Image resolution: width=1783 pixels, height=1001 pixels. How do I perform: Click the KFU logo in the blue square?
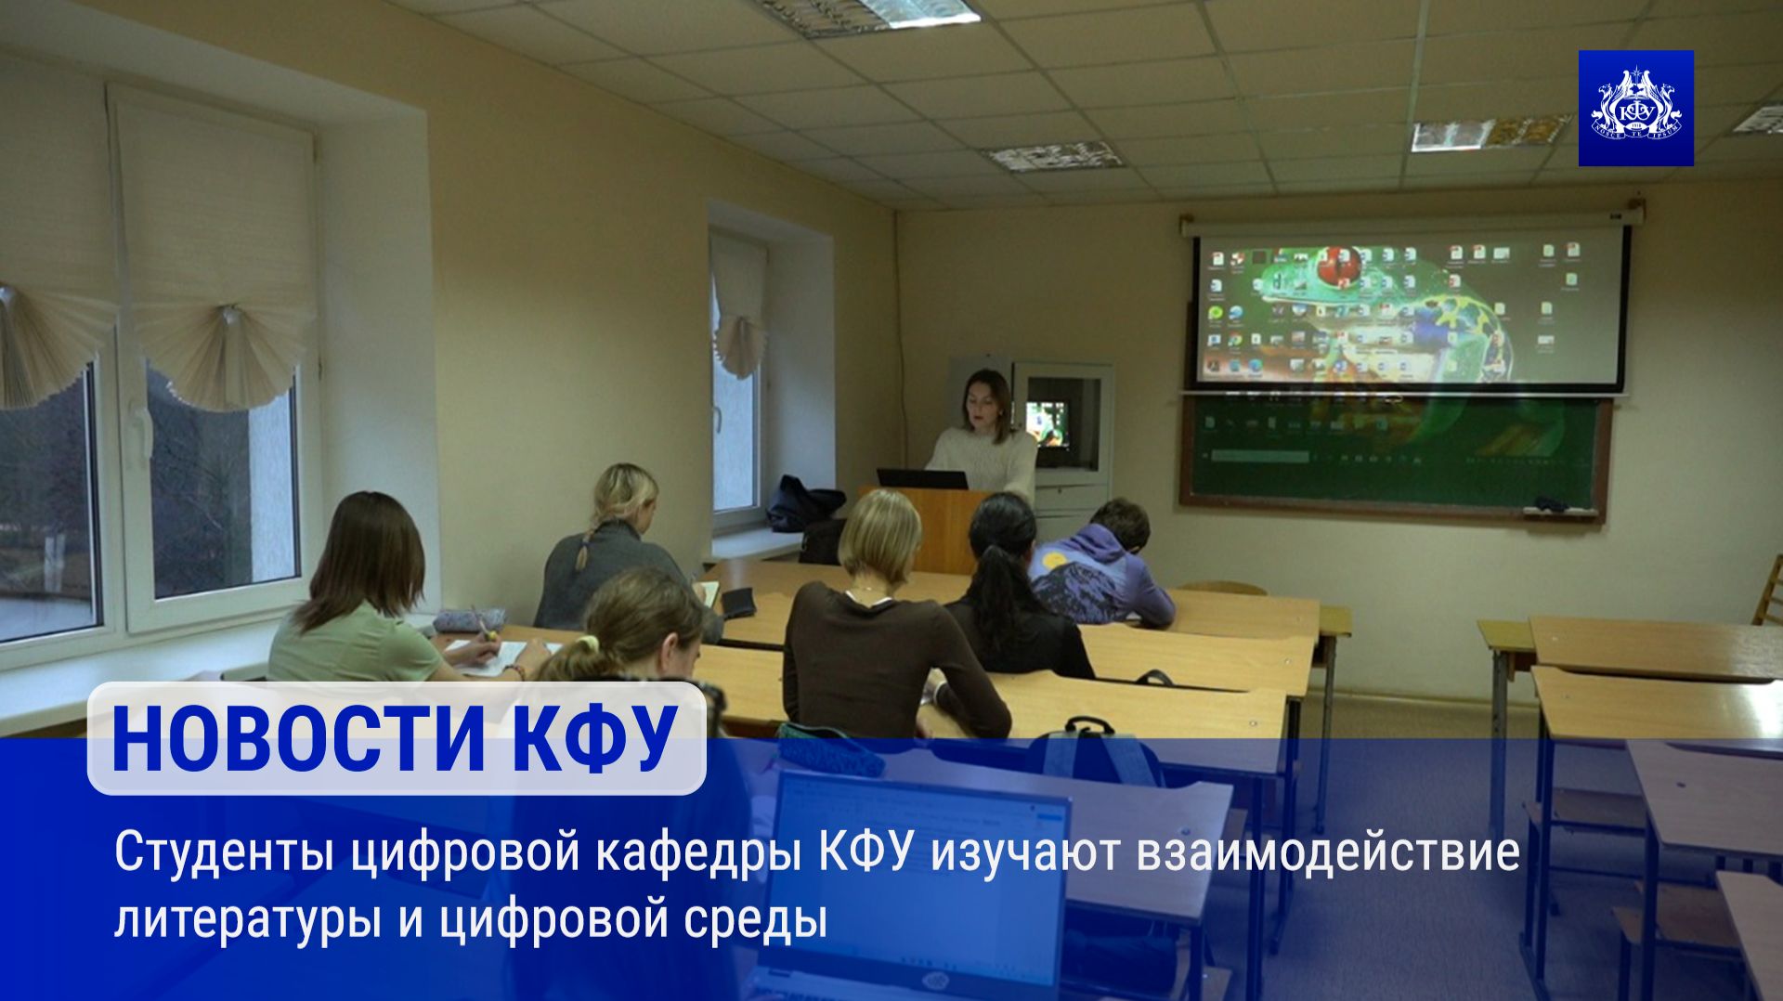pyautogui.click(x=1635, y=110)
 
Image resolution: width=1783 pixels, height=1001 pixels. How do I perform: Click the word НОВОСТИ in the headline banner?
pyautogui.click(x=298, y=740)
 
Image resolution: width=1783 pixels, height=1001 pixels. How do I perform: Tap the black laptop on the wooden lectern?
pyautogui.click(x=921, y=479)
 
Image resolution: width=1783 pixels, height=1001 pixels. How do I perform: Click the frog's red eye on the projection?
pyautogui.click(x=1338, y=265)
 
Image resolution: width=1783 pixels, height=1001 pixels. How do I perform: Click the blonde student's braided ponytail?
pyautogui.click(x=583, y=552)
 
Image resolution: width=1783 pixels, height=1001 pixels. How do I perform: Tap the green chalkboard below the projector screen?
pyautogui.click(x=1393, y=450)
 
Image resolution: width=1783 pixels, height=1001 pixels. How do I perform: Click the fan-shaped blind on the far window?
pyautogui.click(x=739, y=344)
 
